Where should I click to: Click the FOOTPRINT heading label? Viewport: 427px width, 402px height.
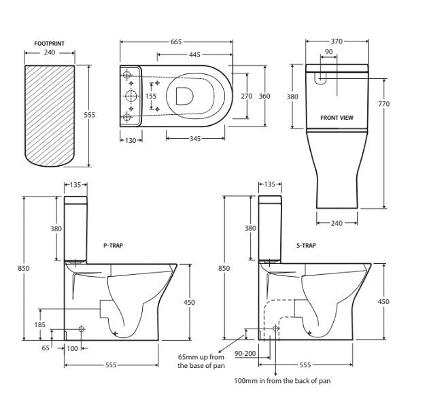(x=49, y=44)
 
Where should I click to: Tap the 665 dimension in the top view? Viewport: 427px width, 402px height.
(x=176, y=42)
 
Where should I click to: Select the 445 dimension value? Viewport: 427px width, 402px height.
(x=194, y=54)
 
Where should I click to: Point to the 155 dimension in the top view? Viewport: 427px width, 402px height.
(x=151, y=96)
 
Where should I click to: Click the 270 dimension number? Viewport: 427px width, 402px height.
(x=247, y=96)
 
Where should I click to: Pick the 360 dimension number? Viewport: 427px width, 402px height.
(x=264, y=96)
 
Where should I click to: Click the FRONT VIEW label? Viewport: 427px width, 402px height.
(x=337, y=118)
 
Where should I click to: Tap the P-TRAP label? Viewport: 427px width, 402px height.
(x=113, y=244)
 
